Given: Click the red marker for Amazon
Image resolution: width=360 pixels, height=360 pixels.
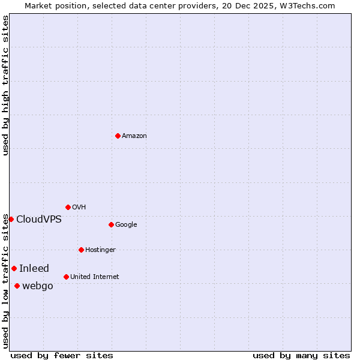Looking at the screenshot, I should click(118, 136).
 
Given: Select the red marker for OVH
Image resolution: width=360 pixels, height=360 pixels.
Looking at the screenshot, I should click(68, 207).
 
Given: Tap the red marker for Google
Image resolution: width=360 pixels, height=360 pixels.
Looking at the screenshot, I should click(111, 224).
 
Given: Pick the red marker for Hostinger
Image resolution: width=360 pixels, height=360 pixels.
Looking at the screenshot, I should click(81, 250).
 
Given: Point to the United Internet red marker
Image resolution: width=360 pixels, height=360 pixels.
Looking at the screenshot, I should click(66, 277).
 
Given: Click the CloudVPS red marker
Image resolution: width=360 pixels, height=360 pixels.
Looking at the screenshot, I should click(11, 219).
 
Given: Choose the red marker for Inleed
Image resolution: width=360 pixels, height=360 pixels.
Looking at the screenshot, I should click(14, 268).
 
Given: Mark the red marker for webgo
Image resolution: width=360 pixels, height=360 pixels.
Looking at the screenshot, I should click(17, 286).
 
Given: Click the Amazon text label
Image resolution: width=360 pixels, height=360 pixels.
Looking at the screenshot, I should click(134, 136).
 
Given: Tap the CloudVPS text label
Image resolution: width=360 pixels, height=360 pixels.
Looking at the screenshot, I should click(39, 219).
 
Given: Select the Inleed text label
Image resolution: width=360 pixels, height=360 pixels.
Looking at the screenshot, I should click(34, 268).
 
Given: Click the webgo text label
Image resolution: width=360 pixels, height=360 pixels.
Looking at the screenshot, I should click(38, 286).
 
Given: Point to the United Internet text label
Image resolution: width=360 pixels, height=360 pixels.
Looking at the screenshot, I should click(95, 277).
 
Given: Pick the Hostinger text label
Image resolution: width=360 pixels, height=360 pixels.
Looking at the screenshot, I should click(100, 250).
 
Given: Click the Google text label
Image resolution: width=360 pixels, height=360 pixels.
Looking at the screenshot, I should click(126, 224).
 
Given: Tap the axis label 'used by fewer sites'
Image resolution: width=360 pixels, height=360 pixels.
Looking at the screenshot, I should click(62, 355).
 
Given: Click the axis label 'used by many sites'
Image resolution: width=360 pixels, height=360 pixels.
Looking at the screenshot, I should click(301, 355).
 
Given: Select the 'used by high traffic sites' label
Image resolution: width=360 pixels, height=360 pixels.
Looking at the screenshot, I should click(5, 85).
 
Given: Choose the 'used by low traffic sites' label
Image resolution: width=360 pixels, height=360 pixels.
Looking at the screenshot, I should click(5, 280).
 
